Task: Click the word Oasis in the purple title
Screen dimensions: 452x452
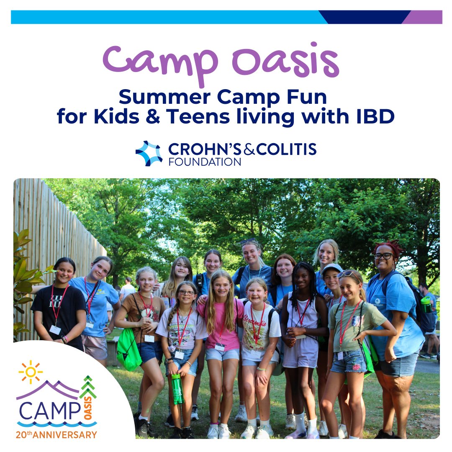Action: [x=285, y=63]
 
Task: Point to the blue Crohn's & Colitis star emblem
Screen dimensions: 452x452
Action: [x=149, y=154]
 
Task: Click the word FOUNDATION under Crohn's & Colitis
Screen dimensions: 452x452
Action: [x=205, y=162]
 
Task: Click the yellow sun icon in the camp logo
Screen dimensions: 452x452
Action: [x=31, y=372]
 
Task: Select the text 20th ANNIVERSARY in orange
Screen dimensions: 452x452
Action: [x=56, y=434]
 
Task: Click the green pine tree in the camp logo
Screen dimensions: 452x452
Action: [x=88, y=387]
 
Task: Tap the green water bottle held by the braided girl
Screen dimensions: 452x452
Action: [x=177, y=388]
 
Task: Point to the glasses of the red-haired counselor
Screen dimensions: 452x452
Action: [x=383, y=256]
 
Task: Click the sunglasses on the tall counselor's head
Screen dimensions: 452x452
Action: [x=248, y=241]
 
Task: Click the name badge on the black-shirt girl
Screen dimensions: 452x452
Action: [x=55, y=330]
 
